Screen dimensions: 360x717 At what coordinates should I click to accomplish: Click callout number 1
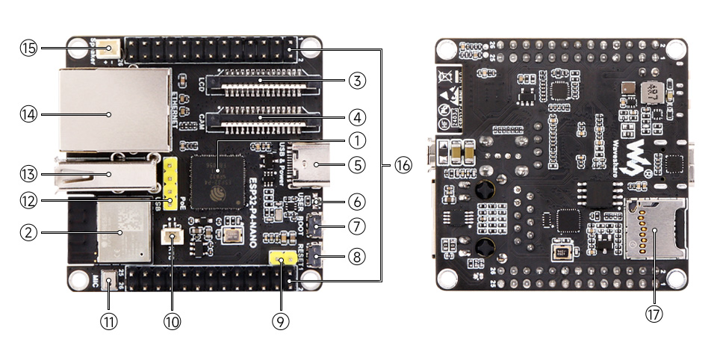click(x=357, y=140)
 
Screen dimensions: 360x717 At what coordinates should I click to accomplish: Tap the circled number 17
click(x=654, y=314)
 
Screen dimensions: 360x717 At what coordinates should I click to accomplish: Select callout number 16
click(x=403, y=166)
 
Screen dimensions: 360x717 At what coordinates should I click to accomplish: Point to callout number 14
click(x=29, y=114)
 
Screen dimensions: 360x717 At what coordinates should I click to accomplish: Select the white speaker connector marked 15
click(x=110, y=50)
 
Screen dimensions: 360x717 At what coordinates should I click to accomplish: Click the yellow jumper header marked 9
click(x=281, y=261)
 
